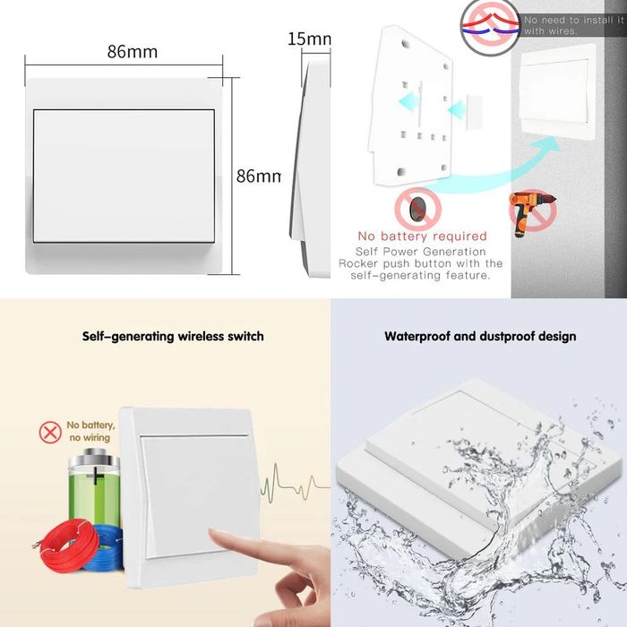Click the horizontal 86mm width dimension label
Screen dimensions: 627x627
tap(133, 52)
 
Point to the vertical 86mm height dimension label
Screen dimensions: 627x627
tap(258, 176)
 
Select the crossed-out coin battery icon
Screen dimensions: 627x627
tap(417, 210)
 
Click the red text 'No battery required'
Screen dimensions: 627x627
tap(422, 237)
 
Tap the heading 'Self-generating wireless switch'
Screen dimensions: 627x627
tap(173, 337)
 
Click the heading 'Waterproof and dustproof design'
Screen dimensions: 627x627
tap(480, 337)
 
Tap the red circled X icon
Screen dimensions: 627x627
tap(50, 433)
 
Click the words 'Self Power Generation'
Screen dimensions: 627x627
tap(421, 252)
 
